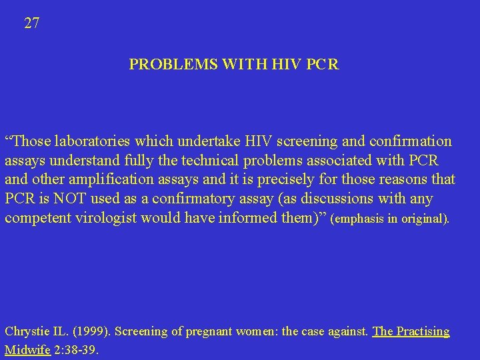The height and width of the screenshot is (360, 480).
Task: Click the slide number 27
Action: click(32, 23)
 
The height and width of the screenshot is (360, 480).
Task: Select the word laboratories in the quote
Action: click(93, 141)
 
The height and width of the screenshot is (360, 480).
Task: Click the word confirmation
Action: click(407, 141)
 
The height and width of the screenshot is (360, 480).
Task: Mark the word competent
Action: click(36, 219)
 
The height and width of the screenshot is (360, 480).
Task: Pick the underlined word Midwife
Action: click(28, 349)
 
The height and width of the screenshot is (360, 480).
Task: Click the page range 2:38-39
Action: click(77, 349)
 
